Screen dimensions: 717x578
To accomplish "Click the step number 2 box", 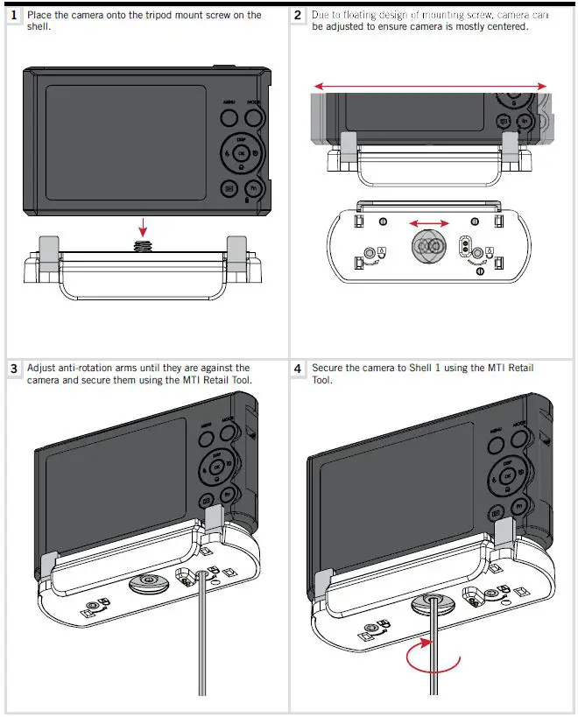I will [299, 16].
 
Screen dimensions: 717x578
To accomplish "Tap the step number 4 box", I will [299, 369].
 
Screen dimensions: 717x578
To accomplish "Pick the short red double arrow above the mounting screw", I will [430, 223].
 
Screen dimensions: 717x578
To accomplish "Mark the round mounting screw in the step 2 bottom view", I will [429, 248].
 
